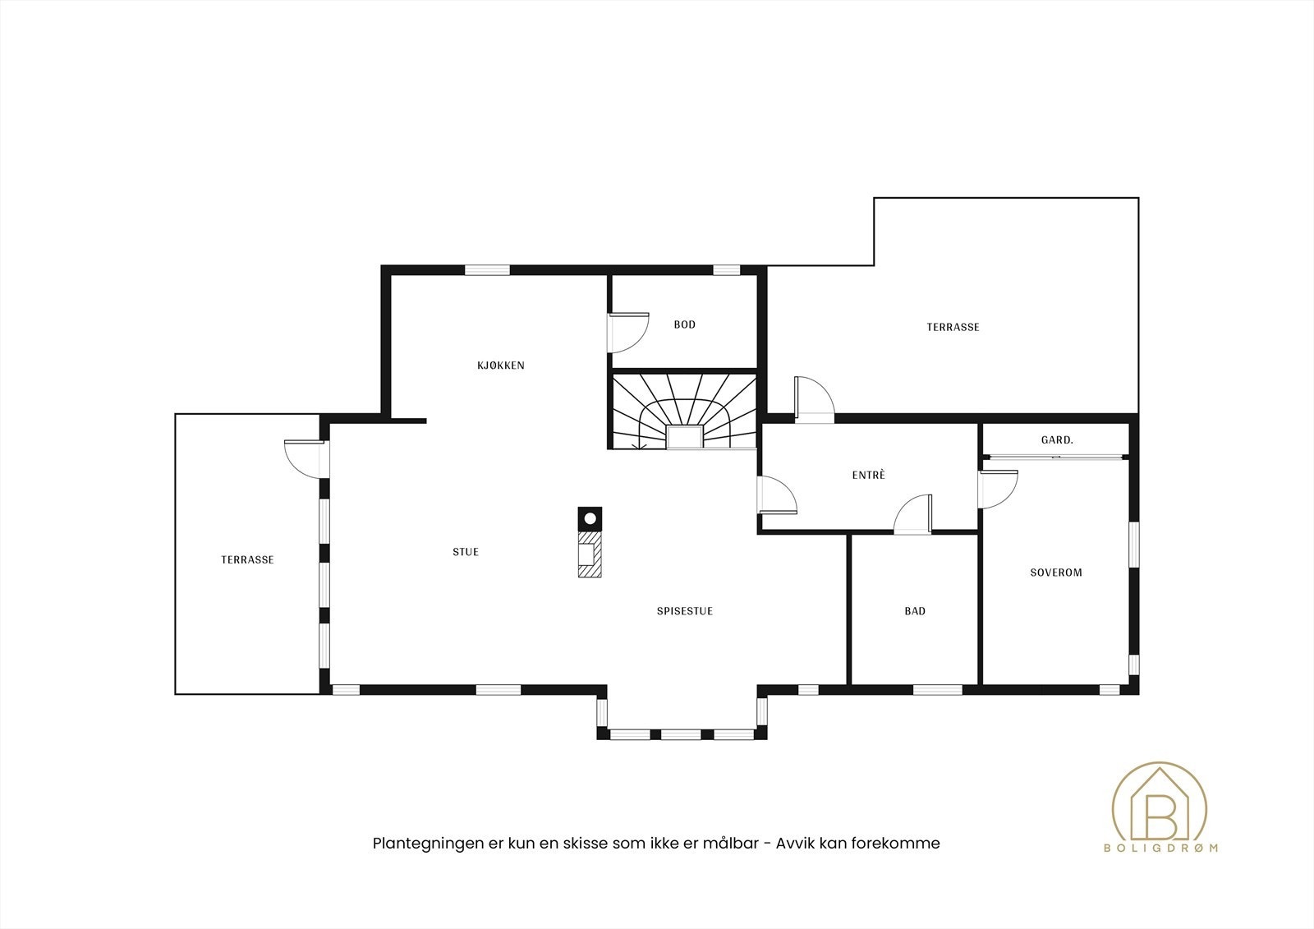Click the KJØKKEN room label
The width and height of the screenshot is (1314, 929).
click(x=500, y=366)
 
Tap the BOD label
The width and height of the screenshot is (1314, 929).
click(x=684, y=324)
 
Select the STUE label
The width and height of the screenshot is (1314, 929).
click(x=465, y=552)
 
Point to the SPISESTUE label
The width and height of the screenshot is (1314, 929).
click(x=684, y=611)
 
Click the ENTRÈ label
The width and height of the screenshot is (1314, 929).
click(x=868, y=476)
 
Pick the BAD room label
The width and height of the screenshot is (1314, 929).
click(x=914, y=611)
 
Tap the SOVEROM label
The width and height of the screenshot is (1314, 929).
click(x=1055, y=573)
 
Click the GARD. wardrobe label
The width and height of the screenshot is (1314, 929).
click(x=1056, y=440)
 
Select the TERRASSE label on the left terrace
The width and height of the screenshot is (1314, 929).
click(x=246, y=559)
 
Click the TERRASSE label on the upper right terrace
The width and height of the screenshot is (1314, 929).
click(x=953, y=327)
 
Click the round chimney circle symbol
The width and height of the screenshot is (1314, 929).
click(x=590, y=518)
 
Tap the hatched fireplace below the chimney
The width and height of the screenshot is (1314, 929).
click(x=589, y=554)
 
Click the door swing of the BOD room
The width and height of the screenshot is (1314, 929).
click(x=628, y=333)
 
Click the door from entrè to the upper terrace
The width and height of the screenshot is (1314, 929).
click(x=813, y=400)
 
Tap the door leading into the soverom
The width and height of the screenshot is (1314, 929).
click(x=997, y=490)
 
